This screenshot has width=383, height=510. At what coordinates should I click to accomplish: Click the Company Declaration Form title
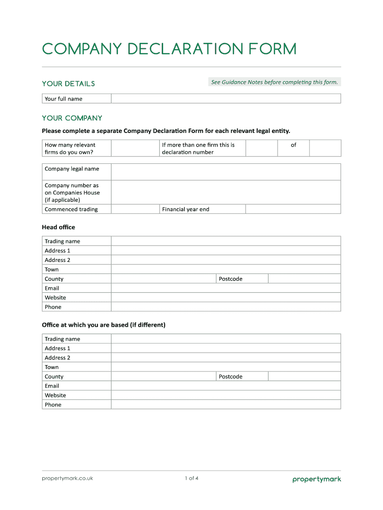169,49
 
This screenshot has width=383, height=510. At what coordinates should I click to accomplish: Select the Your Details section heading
68,84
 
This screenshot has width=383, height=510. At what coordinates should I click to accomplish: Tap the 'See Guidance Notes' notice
274,82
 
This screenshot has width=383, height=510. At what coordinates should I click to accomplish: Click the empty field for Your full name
225,99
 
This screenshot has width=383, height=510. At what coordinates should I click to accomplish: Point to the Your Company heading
72,118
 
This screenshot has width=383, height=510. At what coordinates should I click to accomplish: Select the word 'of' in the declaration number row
293,145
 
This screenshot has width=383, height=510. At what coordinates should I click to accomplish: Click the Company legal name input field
225,172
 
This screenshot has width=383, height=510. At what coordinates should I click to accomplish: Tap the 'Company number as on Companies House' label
72,192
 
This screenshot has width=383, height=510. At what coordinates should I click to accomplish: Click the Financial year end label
186,209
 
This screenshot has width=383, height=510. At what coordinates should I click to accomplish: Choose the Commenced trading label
71,209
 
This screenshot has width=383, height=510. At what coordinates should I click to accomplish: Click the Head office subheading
59,227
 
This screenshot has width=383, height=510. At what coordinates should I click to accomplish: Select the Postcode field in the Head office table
304,279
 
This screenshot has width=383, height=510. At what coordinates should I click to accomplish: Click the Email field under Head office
225,288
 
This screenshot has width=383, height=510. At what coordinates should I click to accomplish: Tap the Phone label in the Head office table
53,307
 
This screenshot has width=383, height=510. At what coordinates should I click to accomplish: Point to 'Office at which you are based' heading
103,325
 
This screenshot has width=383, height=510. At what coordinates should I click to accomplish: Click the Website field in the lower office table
225,395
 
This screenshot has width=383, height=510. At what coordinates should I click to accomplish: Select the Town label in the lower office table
52,367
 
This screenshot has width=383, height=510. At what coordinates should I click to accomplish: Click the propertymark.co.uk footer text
67,479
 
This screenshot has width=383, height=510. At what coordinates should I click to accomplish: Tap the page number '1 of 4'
191,479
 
